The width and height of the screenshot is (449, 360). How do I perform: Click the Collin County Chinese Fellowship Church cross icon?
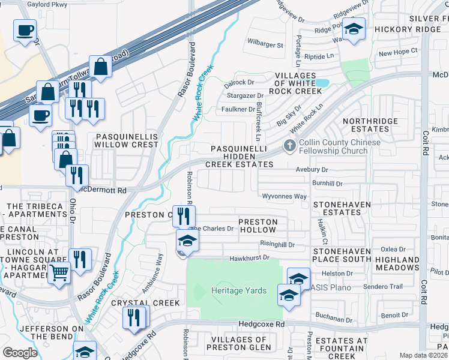coord(290,146)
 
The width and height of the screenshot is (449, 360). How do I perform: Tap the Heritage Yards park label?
coord(238,290)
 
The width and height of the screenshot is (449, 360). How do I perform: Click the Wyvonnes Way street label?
coord(285,196)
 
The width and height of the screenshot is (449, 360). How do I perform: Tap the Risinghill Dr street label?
coord(277,244)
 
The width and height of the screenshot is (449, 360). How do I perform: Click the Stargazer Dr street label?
coord(244,95)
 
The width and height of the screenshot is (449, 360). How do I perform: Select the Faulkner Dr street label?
coord(238,109)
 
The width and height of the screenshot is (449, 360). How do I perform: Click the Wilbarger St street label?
coord(265,45)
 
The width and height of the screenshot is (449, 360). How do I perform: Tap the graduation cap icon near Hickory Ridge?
coord(354,29)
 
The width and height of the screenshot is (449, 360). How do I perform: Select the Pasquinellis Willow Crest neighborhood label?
coord(127,140)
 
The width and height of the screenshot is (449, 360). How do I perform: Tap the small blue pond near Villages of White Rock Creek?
coord(321,82)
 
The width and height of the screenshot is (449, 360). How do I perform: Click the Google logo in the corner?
coord(20,353)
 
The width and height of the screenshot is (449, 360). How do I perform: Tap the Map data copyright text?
coord(424,355)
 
